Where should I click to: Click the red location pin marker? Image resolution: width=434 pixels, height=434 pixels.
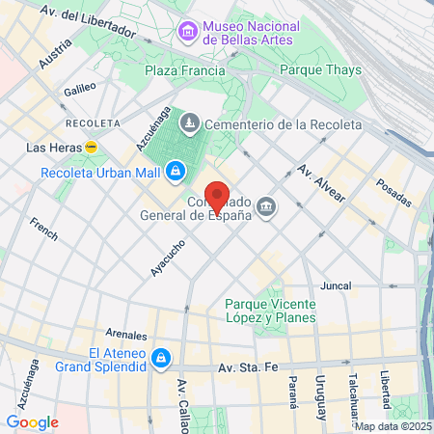218,196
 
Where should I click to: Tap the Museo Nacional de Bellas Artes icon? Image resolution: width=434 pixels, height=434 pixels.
186,33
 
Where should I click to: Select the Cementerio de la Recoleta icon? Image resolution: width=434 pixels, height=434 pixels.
191,123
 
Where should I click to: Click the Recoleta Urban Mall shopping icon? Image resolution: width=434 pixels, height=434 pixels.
175,174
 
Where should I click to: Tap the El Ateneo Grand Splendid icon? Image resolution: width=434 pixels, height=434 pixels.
161,359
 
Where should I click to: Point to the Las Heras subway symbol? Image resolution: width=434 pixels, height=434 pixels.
92,148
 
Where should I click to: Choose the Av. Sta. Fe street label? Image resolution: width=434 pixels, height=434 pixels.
253,367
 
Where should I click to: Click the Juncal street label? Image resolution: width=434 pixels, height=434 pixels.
335,286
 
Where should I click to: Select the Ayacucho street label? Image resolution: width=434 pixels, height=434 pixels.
167,258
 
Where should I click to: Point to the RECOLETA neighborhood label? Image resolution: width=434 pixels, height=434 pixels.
93,124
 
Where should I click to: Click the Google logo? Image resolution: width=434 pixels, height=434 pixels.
32,421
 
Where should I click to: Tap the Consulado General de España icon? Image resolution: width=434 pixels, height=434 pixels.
265,205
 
